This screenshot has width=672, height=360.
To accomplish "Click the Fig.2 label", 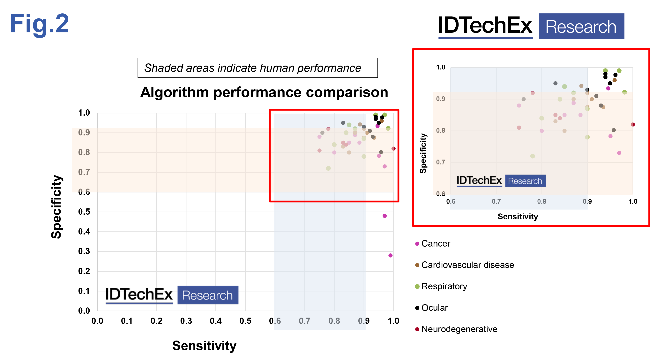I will click(x=39, y=24).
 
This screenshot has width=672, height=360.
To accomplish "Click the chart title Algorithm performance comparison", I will click(x=264, y=92).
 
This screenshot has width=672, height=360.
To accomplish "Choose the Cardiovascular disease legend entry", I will click(x=467, y=265).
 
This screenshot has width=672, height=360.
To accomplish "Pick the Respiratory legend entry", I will click(x=444, y=286).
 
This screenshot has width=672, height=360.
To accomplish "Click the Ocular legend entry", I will click(x=434, y=308).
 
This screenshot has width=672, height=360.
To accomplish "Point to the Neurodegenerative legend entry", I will click(x=459, y=329).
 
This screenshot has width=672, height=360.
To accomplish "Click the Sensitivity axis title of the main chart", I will click(x=204, y=346).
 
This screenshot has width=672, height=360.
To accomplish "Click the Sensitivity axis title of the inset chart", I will click(x=518, y=216).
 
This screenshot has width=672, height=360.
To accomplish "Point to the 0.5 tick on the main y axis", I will click(x=84, y=212).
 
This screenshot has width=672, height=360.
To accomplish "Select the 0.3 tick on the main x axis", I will click(x=186, y=321).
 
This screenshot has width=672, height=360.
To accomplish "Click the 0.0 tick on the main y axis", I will click(x=84, y=310).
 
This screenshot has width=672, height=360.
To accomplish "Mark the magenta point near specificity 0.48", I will click(x=385, y=216).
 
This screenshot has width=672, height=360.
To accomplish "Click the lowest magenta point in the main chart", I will click(x=390, y=256).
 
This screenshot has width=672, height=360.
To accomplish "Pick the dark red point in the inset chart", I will click(x=633, y=125).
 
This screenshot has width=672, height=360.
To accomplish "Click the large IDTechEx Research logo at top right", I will click(x=531, y=26).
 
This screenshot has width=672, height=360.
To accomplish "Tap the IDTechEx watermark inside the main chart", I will click(x=172, y=295).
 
